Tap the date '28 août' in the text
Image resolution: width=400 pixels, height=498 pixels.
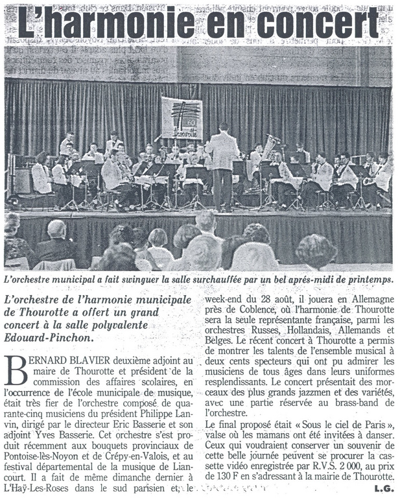coord(259,300)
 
